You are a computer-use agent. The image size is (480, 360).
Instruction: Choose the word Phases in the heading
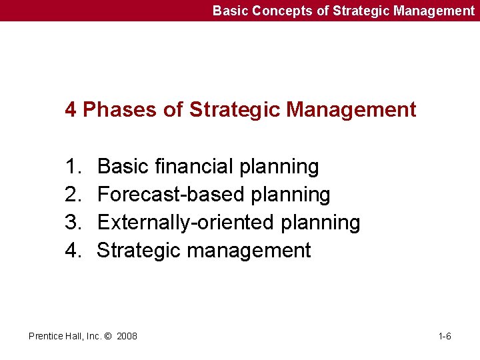(122, 109)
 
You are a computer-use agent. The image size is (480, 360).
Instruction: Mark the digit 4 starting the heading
(70, 109)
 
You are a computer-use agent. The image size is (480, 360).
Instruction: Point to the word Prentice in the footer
(45, 336)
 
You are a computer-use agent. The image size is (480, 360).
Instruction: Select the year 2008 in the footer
(127, 336)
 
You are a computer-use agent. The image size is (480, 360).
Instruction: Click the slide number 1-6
(445, 336)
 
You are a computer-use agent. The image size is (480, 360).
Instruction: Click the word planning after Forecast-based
(290, 195)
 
